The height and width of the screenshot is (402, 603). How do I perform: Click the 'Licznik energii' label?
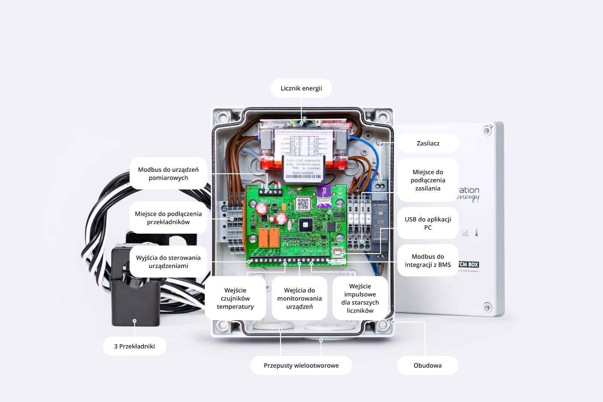coord(301,88)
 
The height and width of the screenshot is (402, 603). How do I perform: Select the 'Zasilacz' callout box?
coord(428,143)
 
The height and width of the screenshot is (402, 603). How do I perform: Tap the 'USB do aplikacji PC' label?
coord(428,223)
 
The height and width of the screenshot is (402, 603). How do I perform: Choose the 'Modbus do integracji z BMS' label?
coord(428,261)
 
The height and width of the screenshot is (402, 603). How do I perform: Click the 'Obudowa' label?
coord(427,365)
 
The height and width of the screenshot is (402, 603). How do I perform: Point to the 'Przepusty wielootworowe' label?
coord(301,365)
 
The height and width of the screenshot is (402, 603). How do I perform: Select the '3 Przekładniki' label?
coord(135,346)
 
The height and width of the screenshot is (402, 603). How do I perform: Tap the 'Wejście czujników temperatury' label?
coord(235,298)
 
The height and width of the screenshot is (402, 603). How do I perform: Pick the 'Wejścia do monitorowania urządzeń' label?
coord(300,298)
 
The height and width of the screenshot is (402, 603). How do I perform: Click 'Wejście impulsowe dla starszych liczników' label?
coord(360,298)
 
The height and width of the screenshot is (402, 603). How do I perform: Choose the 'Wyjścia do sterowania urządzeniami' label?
coord(168,262)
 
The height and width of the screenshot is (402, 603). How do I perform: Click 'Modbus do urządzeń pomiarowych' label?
coord(168,173)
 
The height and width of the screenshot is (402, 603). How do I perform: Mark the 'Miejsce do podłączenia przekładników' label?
coord(168,218)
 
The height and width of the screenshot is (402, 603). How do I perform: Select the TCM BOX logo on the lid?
coord(468,264)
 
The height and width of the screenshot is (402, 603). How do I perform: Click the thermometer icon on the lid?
coord(477,233)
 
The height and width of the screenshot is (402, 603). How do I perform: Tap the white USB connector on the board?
coord(338,253)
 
